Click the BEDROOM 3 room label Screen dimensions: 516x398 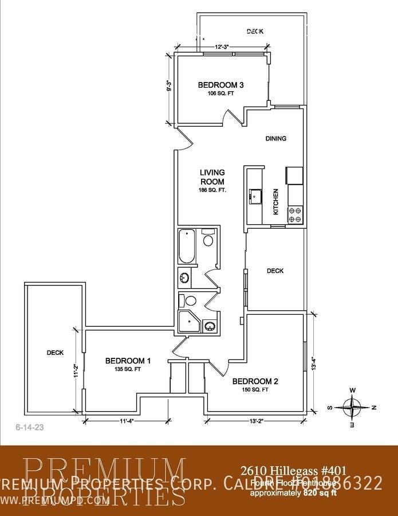click(221, 85)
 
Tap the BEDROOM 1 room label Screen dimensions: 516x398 click(128, 361)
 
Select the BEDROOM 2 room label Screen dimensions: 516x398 click(255, 381)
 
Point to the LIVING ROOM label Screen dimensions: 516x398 click(212, 177)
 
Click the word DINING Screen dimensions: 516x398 click(276, 138)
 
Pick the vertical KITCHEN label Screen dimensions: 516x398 click(275, 202)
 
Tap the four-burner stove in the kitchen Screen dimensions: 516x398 click(295, 214)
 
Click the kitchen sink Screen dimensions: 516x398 click(254, 197)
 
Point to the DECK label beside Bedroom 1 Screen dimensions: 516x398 click(55, 353)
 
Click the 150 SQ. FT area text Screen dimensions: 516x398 click(254, 390)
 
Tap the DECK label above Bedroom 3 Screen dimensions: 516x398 click(255, 32)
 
